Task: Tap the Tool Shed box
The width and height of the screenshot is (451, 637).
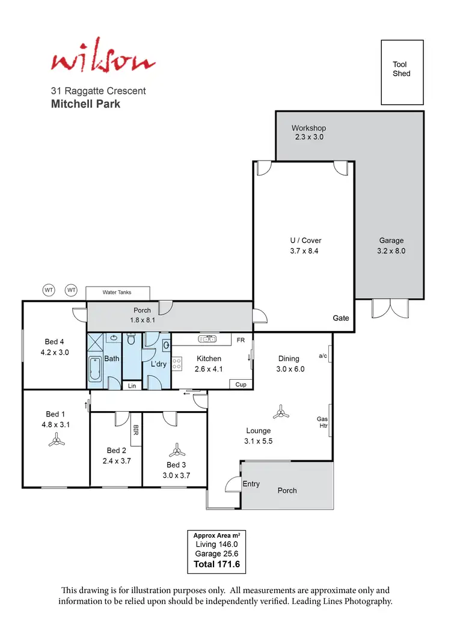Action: click(x=402, y=72)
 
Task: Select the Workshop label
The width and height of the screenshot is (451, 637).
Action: click(x=308, y=128)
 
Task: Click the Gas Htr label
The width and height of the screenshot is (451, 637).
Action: click(x=322, y=422)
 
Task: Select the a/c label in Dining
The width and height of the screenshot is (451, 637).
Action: click(x=323, y=356)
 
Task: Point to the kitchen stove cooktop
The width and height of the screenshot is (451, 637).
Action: click(x=177, y=363)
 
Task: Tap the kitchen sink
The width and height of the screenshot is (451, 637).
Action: click(x=207, y=340)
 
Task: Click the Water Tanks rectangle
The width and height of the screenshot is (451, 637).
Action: click(x=117, y=293)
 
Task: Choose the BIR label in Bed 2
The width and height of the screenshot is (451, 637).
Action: click(x=136, y=430)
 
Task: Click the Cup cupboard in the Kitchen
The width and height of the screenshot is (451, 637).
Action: click(x=241, y=385)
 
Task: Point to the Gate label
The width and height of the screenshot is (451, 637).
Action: click(x=341, y=318)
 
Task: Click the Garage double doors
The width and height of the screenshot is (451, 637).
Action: click(x=381, y=308)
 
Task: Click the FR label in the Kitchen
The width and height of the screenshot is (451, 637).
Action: click(x=240, y=340)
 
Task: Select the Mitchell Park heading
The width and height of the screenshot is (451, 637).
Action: click(x=85, y=104)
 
